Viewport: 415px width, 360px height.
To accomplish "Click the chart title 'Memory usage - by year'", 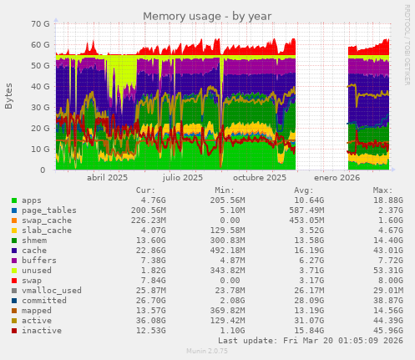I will (206, 16).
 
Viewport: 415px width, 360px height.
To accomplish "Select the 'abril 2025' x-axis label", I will (108, 178).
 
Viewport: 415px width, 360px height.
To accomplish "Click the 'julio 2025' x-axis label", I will (183, 178).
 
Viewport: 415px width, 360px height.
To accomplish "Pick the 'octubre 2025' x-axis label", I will (259, 178).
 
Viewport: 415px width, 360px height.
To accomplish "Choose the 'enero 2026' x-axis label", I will (337, 178).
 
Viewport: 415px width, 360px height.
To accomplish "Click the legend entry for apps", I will (32, 200).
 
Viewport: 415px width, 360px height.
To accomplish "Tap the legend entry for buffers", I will (38, 260).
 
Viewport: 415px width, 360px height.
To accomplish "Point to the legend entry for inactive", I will (41, 330).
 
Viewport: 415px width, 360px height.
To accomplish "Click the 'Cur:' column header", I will (145, 190).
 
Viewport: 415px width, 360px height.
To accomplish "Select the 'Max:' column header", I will (383, 190).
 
